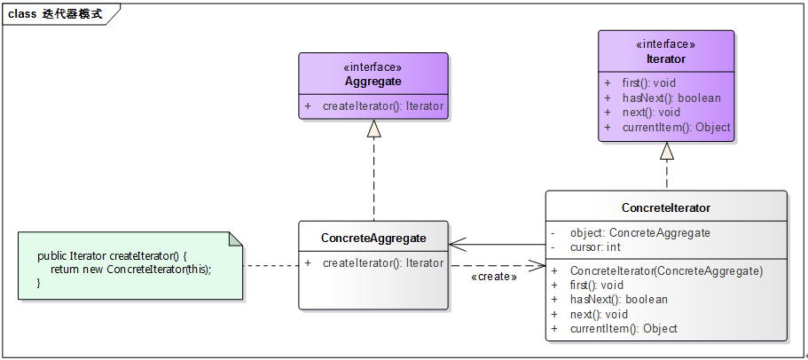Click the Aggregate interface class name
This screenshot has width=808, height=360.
click(x=373, y=82)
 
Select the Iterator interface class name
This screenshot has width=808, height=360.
click(x=666, y=59)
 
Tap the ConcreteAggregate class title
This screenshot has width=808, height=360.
click(x=373, y=238)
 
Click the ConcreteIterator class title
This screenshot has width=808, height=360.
click(x=666, y=207)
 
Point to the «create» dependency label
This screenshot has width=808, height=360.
click(x=494, y=277)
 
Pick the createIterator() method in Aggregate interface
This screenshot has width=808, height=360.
click(x=382, y=106)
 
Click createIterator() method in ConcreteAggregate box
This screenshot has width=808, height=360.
click(x=382, y=262)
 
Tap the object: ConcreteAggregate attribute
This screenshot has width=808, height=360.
click(x=639, y=232)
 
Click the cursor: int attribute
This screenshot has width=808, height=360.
click(x=595, y=247)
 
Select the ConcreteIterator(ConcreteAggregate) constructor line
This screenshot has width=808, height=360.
click(x=666, y=270)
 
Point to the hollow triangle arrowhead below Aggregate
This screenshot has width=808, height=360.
click(x=373, y=129)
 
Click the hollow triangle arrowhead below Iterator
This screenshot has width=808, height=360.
click(x=667, y=151)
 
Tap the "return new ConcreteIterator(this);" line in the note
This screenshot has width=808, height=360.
click(x=130, y=269)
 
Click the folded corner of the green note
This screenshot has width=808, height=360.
click(x=235, y=239)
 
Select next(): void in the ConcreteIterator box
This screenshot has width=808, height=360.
click(x=599, y=314)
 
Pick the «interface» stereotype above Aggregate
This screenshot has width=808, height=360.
click(x=373, y=67)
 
